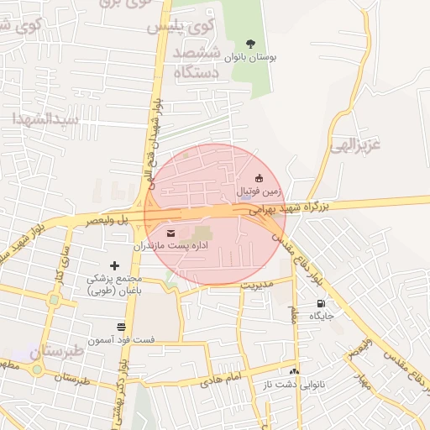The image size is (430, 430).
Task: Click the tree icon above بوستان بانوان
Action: click(x=249, y=43)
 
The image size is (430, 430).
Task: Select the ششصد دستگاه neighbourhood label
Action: click(x=197, y=63)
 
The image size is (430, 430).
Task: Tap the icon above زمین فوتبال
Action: click(x=259, y=177)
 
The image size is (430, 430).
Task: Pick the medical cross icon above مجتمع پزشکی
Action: click(x=115, y=265)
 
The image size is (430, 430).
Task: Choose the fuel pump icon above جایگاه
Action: click(x=321, y=303)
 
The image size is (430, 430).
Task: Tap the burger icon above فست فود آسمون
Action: click(x=122, y=325)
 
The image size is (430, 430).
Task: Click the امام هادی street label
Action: click(x=220, y=380)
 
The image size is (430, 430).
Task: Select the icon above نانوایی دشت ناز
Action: click(x=294, y=370)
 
